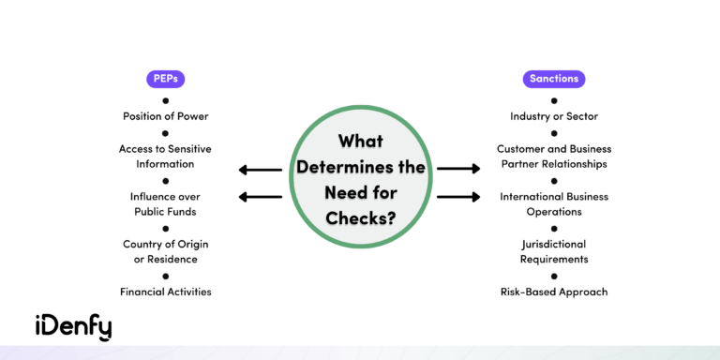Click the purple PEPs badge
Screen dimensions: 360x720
point(165,79)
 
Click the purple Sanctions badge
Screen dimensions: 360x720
point(554,79)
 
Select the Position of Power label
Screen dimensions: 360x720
point(165,116)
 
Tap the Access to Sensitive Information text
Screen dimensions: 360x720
point(165,156)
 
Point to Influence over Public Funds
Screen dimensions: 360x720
point(165,203)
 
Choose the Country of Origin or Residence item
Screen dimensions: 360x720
point(165,251)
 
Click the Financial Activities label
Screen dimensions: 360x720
point(165,292)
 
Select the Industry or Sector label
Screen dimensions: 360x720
point(554,116)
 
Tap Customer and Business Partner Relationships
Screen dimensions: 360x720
point(554,156)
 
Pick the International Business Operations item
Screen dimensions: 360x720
point(554,203)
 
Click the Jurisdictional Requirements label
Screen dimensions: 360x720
point(554,251)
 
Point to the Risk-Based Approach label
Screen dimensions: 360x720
point(554,292)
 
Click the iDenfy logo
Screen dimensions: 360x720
point(73,326)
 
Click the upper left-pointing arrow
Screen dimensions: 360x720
point(260,170)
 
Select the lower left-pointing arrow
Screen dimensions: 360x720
point(260,197)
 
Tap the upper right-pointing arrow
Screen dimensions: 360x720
point(458,169)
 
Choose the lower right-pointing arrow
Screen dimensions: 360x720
point(458,197)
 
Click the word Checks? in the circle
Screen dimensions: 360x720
point(360,217)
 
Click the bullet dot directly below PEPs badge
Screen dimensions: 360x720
point(165,99)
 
